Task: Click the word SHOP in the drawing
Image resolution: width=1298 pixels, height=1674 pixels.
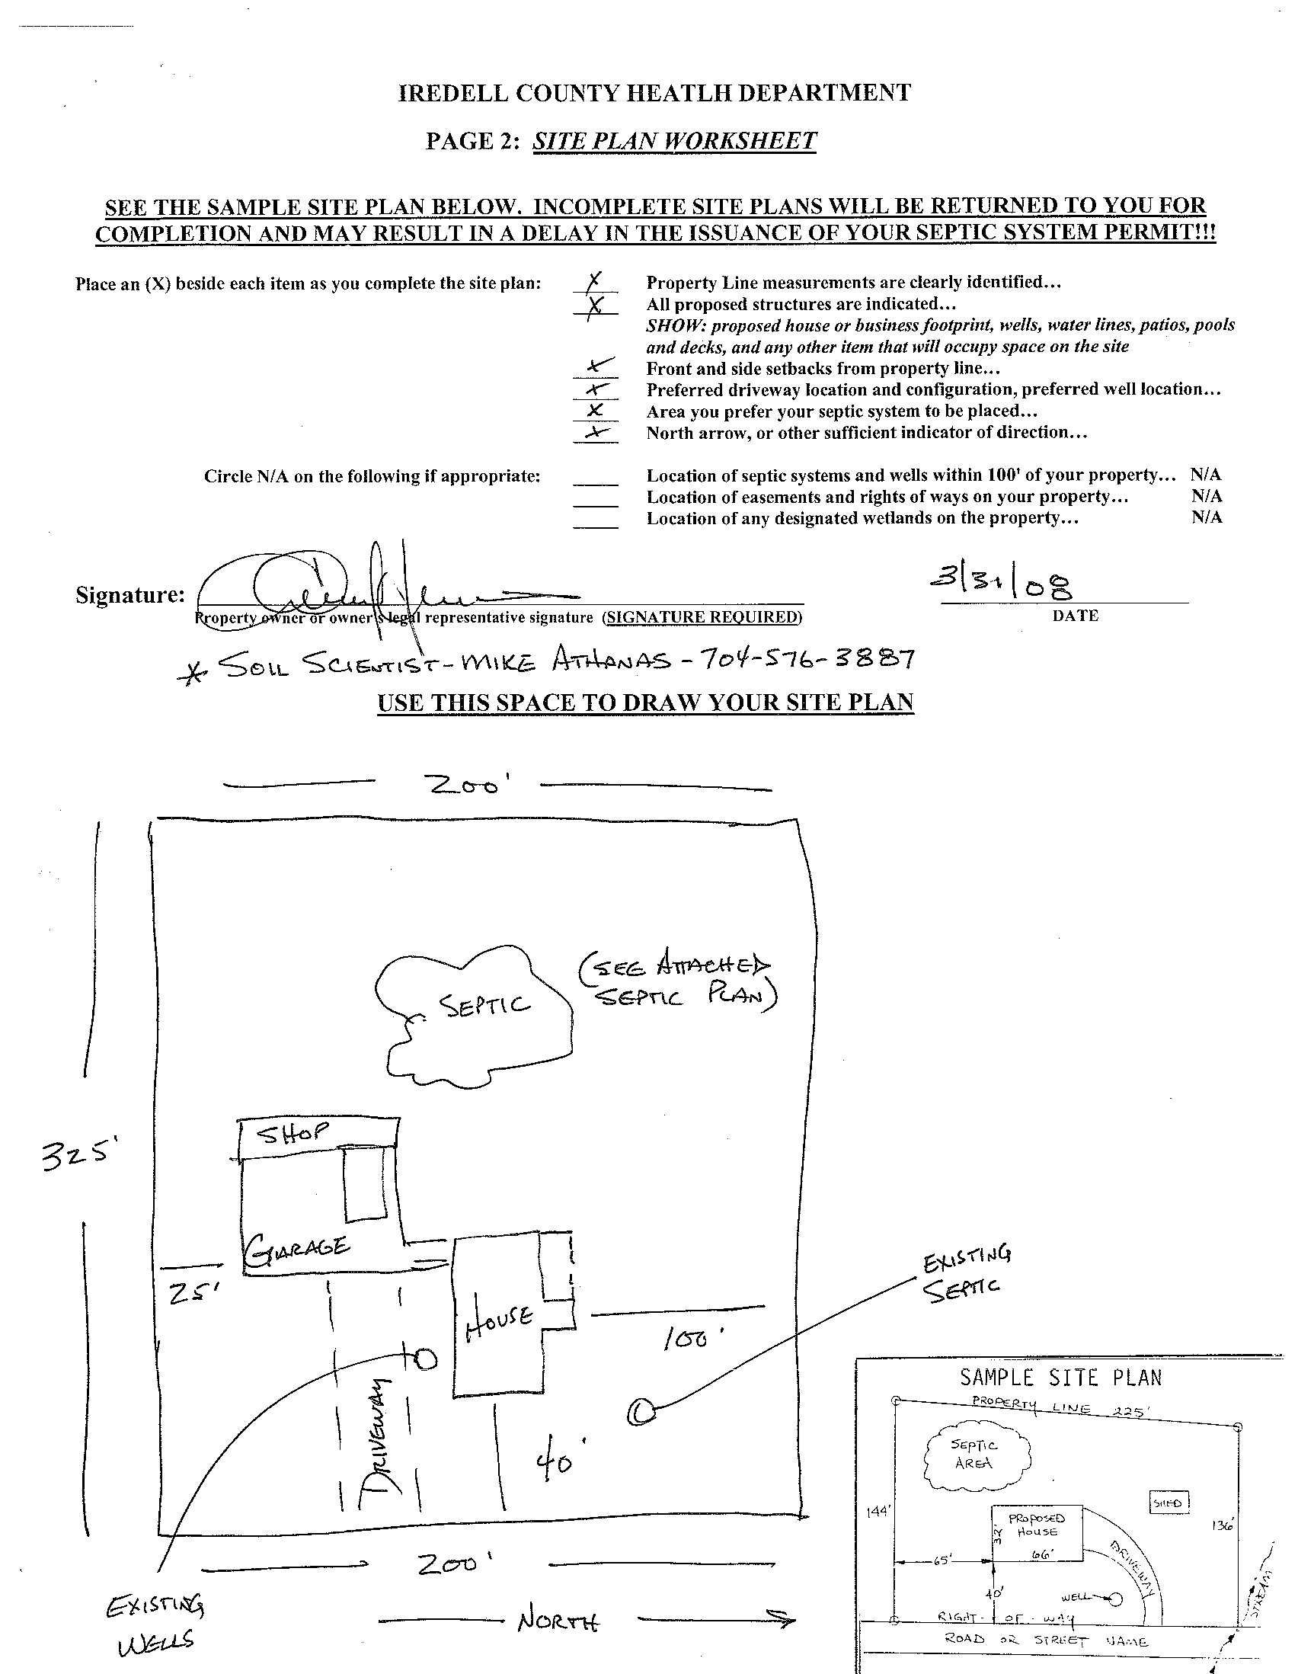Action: (x=293, y=1133)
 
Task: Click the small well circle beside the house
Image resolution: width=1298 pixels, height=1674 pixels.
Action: (x=426, y=1360)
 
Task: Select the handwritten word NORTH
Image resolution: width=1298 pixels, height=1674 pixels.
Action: (x=558, y=1621)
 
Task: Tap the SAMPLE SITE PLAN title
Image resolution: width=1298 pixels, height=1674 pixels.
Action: (x=1060, y=1378)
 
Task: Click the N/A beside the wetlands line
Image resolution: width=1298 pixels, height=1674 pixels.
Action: (x=1207, y=517)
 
